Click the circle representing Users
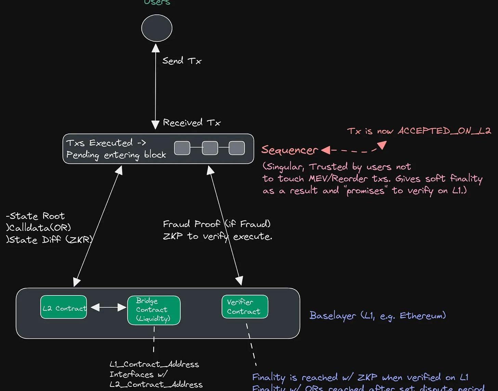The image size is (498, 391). pos(157,28)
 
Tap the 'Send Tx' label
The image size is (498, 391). pos(182,61)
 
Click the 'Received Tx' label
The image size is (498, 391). pos(192,123)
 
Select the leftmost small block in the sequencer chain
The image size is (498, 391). pos(182,148)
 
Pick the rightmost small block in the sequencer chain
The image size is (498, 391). pos(237,148)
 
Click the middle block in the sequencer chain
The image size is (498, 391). pos(210,148)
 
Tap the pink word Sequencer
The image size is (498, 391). pos(289,150)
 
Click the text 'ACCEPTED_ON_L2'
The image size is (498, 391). pos(444,131)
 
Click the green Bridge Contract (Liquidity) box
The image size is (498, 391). pos(154,310)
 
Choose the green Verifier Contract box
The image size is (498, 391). pos(245,307)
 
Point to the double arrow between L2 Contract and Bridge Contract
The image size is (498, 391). pos(108,307)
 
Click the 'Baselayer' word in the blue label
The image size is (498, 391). pos(332,316)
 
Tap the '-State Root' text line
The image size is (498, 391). pos(36,216)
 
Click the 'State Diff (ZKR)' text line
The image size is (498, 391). pos(49,240)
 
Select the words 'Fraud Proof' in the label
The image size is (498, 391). pos(191,224)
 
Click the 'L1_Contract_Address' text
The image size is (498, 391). pos(154,364)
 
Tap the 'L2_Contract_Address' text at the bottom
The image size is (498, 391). pos(156,384)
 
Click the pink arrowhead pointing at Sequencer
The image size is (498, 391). pos(326,150)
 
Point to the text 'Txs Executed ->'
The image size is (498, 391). pos(106,143)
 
